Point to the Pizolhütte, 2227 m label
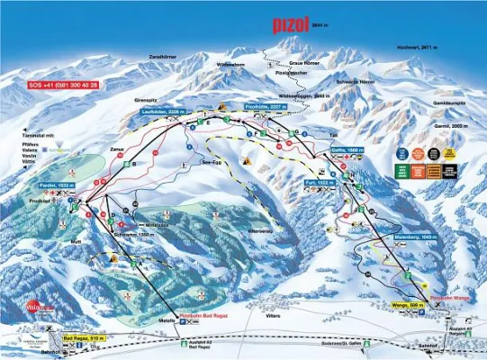pyautogui.click(x=266, y=106)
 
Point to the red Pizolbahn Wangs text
pyautogui.click(x=448, y=296)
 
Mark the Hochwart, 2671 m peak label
pyautogui.click(x=417, y=46)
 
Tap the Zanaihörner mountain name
pyautogui.click(x=165, y=58)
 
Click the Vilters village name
pyautogui.click(x=274, y=316)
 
